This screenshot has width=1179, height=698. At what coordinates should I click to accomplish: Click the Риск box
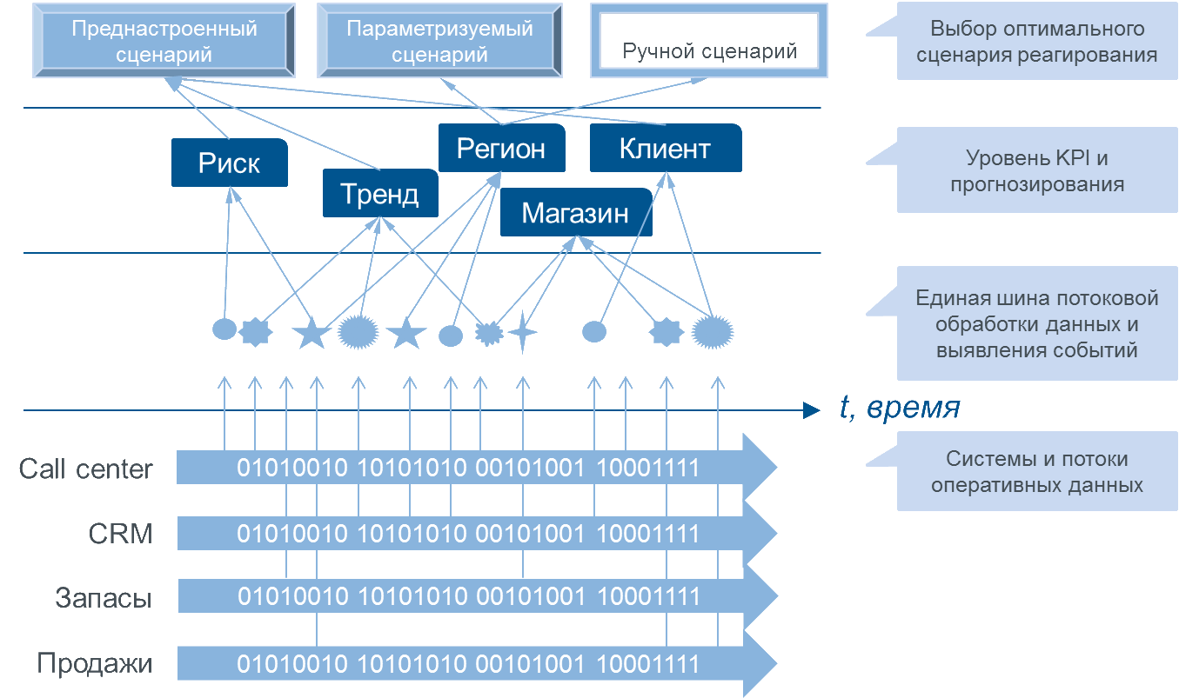(229, 163)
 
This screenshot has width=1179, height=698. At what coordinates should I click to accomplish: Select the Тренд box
(379, 193)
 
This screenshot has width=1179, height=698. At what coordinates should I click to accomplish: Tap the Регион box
(501, 148)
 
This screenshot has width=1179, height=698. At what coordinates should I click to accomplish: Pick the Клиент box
(665, 148)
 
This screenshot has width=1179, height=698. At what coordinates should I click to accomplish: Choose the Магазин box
(575, 212)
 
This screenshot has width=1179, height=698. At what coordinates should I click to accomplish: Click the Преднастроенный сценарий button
(164, 41)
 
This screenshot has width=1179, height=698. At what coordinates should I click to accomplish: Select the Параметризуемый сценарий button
(439, 41)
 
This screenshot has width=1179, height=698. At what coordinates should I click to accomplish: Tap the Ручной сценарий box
(709, 42)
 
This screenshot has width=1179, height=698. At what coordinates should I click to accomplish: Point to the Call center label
(86, 469)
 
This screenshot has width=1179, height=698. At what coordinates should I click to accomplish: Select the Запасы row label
(104, 598)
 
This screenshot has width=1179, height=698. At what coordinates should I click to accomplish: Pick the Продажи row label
(95, 664)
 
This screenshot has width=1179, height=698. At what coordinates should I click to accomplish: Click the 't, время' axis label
(900, 409)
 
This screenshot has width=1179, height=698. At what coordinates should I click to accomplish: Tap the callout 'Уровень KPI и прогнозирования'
(1035, 171)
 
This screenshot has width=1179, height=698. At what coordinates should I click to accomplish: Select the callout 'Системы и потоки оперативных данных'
(1035, 472)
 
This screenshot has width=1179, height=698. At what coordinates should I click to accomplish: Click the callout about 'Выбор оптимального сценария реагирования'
(1035, 42)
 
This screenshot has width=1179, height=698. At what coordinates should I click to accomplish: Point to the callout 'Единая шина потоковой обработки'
(1035, 324)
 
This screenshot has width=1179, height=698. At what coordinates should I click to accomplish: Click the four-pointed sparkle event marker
(523, 332)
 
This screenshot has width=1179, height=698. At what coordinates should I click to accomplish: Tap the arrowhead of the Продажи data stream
(759, 664)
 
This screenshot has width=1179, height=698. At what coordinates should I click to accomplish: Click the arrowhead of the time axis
(813, 410)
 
